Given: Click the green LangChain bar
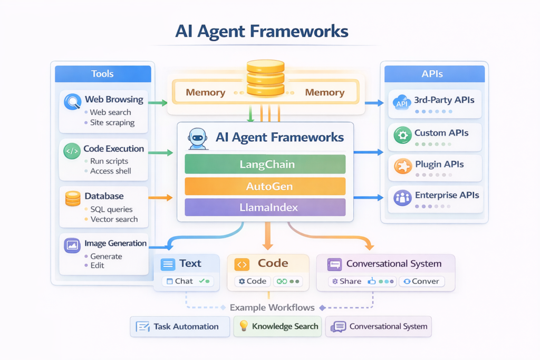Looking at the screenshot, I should [x=265, y=164].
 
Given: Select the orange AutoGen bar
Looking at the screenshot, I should [x=265, y=186].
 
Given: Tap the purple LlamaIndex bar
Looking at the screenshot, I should [x=265, y=207].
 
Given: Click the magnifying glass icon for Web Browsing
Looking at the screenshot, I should [x=72, y=101].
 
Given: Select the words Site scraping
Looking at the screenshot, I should [x=112, y=123].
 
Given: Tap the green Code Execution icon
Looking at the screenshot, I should [x=72, y=152].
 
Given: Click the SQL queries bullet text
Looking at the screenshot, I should [x=111, y=209].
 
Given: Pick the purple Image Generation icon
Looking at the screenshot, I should [x=72, y=246].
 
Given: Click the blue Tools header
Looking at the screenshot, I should [x=102, y=74].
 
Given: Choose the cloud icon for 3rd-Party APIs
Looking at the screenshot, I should [x=402, y=103].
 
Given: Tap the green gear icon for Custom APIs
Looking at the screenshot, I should [x=402, y=135].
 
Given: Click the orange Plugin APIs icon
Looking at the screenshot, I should [x=402, y=166].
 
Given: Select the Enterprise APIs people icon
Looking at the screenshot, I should [x=402, y=198].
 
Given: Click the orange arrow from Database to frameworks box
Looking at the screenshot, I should [x=161, y=198].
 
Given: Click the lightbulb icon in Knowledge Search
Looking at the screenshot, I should [x=244, y=326].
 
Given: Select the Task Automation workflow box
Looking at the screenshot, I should [x=180, y=327].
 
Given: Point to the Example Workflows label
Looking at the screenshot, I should [x=272, y=307].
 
